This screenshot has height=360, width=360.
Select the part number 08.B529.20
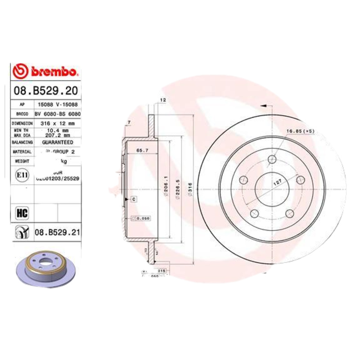point(46,91)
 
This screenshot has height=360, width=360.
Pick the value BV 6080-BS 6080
point(57,114)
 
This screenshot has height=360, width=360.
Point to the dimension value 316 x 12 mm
point(56,123)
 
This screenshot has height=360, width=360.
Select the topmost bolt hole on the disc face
point(272,159)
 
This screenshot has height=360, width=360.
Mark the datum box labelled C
point(134,198)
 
